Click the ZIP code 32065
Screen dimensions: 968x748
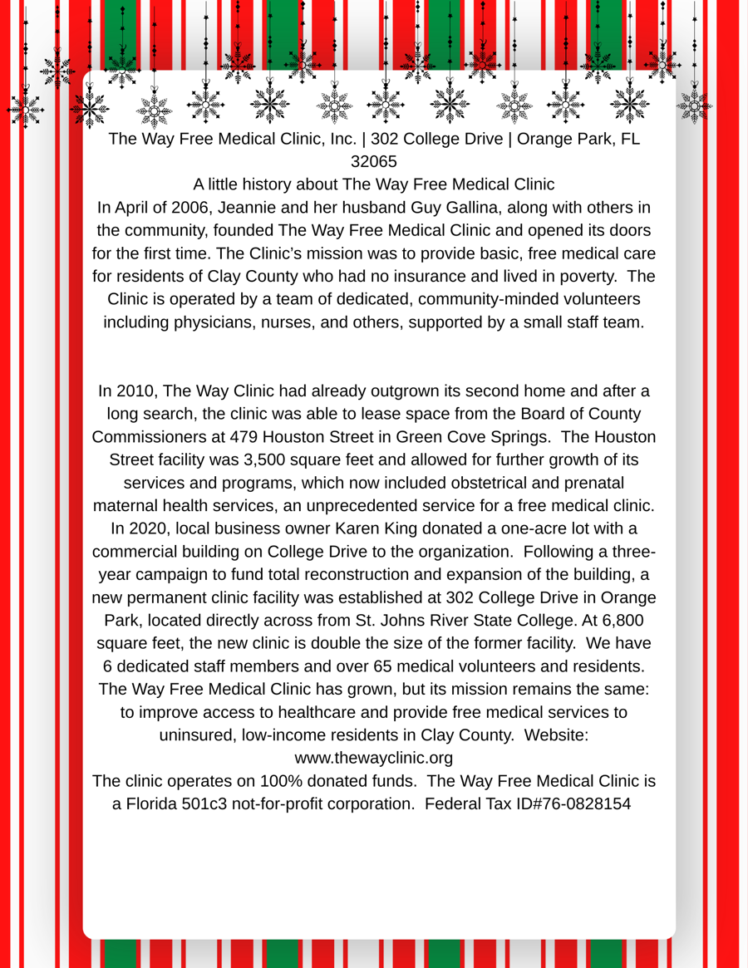[x=374, y=161]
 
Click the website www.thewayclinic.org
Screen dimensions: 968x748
[x=374, y=758]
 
